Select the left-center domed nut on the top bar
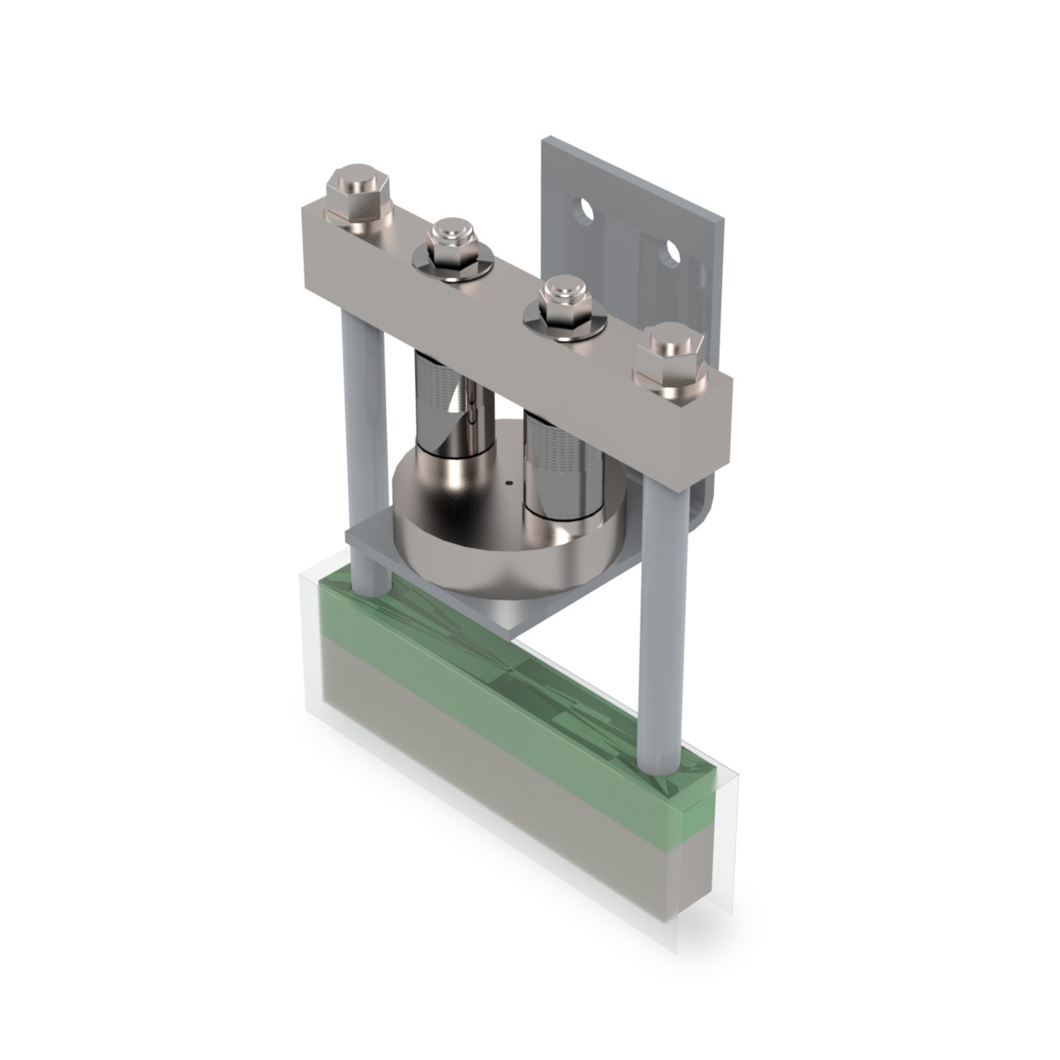451,240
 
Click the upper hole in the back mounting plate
586,210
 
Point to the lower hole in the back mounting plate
672,251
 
